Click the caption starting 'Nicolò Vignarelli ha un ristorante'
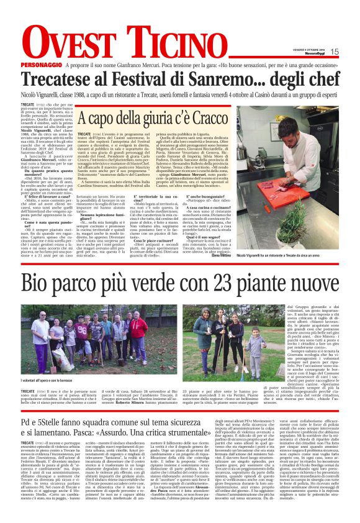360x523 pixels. [x=285, y=255]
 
